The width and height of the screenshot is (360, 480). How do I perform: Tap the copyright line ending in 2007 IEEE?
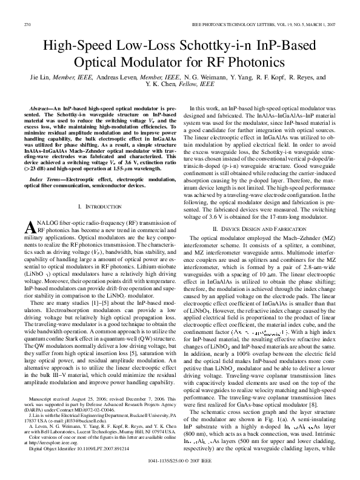pyautogui.click(x=180, y=470)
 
